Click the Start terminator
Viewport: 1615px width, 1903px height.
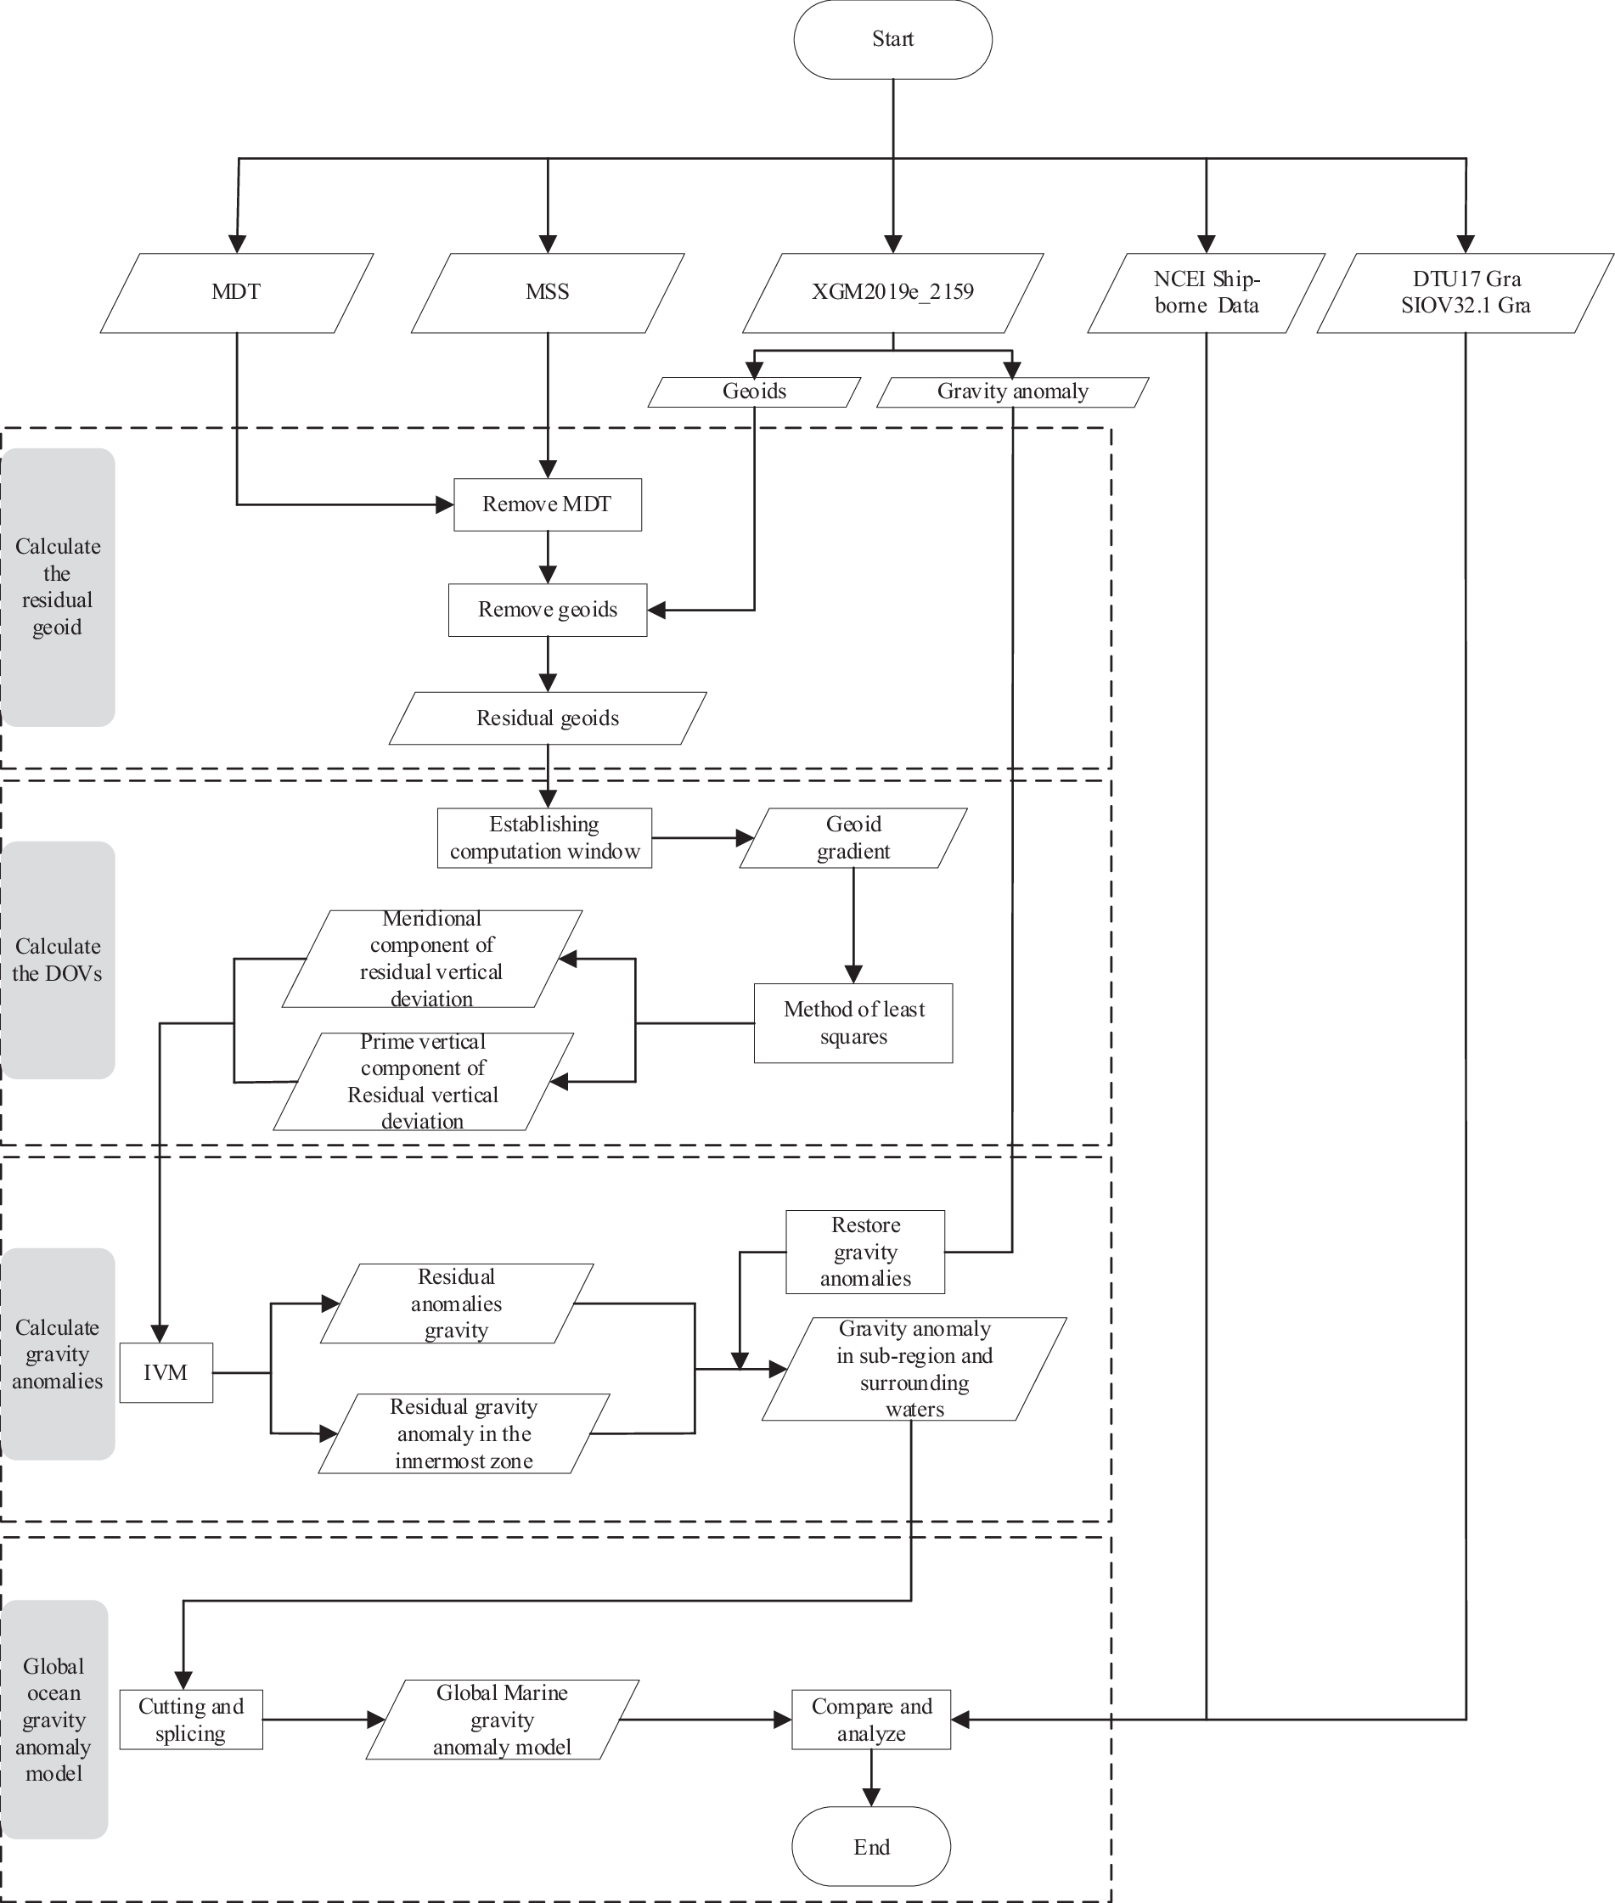(892, 39)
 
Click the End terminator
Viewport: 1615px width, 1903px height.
(870, 1846)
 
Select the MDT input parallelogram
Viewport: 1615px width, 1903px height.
(236, 292)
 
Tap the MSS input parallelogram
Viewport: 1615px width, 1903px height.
(548, 292)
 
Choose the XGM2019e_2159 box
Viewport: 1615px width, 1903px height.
(892, 292)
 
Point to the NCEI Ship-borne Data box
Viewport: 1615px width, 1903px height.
(1206, 292)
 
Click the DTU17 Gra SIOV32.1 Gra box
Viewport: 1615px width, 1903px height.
(1465, 292)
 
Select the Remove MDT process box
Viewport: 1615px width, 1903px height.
(548, 504)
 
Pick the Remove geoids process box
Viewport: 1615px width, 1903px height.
(548, 610)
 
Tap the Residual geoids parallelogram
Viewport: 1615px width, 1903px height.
(548, 718)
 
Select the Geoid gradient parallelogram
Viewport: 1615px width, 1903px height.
(853, 838)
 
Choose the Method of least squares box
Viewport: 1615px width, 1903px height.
(853, 1023)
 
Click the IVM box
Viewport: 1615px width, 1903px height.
(166, 1373)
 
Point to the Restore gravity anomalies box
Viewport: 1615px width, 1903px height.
(865, 1252)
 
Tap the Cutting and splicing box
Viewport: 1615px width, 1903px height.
(190, 1720)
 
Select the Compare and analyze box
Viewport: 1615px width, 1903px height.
(870, 1720)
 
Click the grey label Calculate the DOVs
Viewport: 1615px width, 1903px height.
(57, 960)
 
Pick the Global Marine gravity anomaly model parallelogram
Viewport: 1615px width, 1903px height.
(502, 1720)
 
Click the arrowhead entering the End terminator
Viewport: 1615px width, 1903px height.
(870, 1798)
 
